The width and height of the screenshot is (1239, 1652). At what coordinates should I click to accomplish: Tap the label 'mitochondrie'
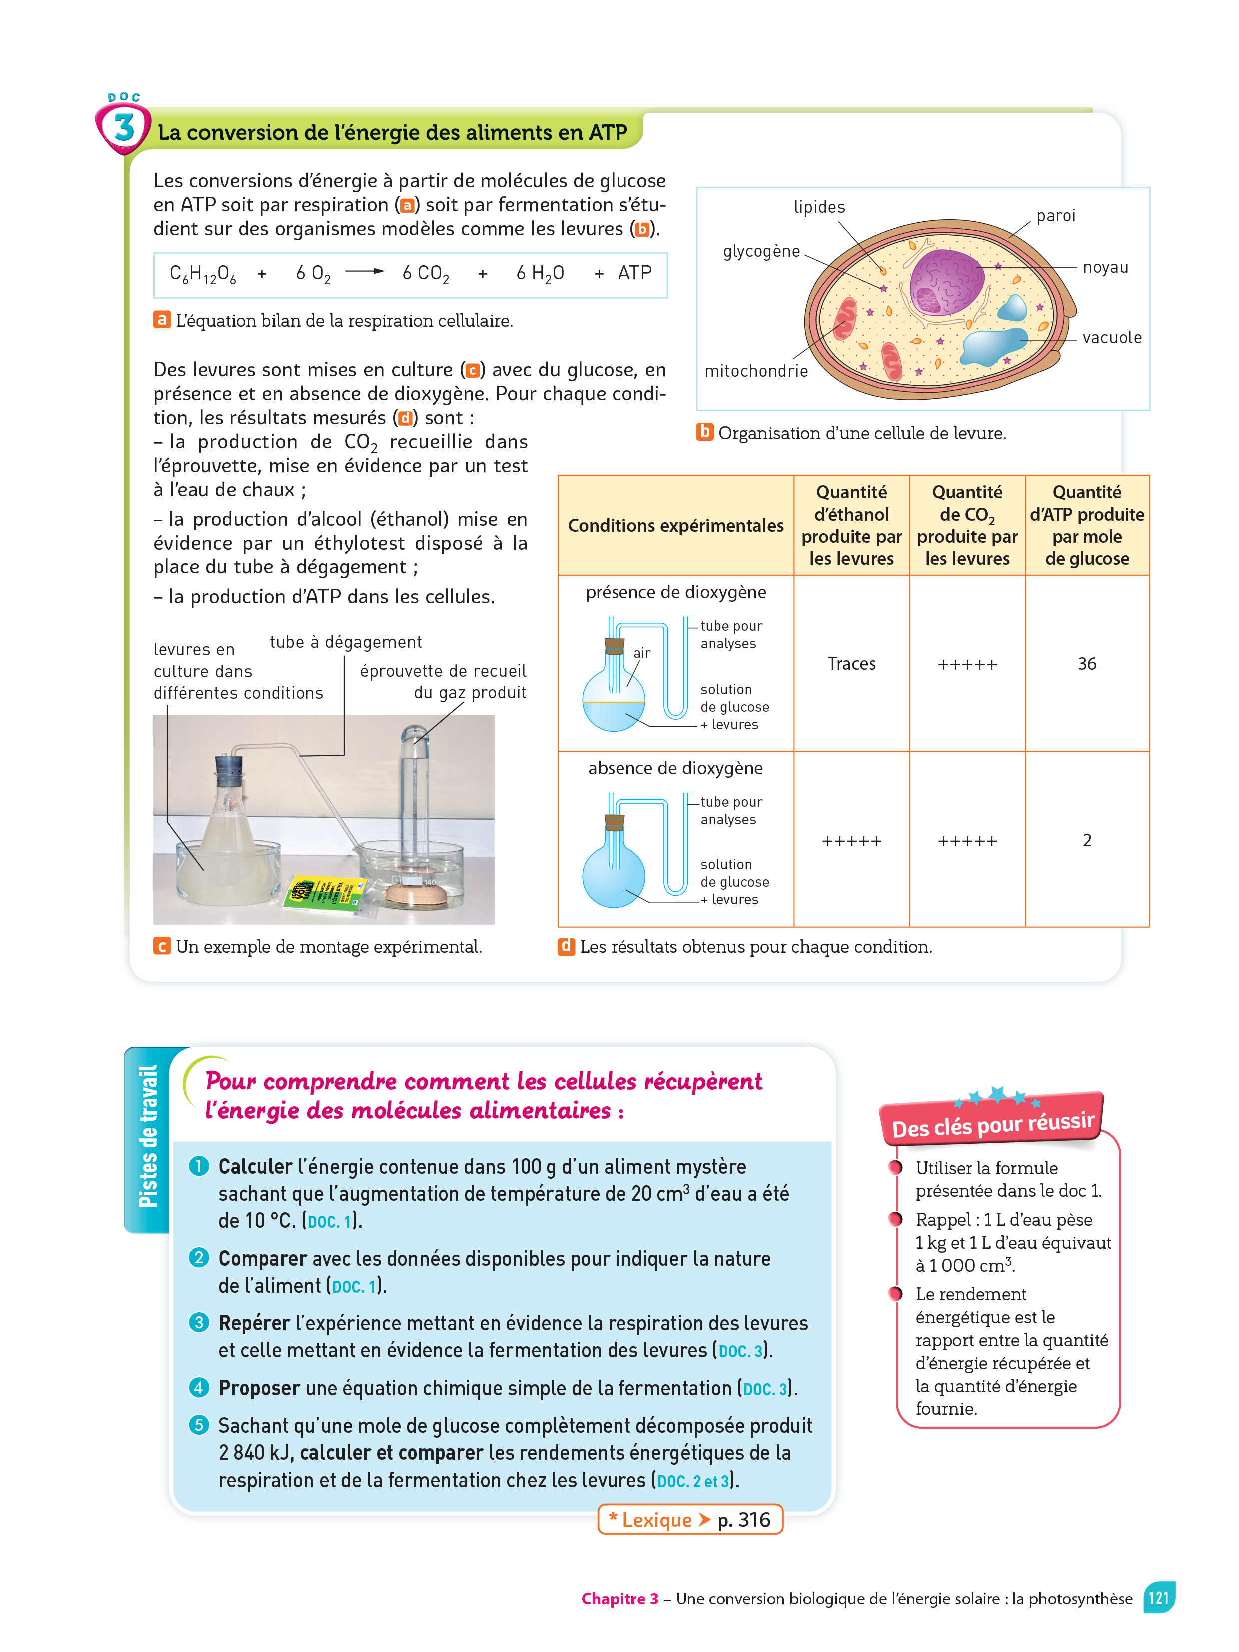[x=756, y=371]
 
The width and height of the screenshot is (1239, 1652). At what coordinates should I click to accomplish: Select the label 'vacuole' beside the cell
[x=1111, y=338]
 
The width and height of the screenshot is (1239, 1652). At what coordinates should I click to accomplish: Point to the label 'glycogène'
[x=761, y=252]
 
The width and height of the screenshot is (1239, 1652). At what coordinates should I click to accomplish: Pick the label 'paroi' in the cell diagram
[x=1055, y=216]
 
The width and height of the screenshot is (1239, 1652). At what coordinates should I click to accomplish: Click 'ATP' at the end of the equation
[x=635, y=273]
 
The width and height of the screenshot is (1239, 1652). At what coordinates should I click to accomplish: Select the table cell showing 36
[x=1087, y=664]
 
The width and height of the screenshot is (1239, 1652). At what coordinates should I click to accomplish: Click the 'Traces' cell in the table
[x=851, y=664]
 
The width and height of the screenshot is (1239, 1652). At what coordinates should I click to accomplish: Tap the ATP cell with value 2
[x=1087, y=840]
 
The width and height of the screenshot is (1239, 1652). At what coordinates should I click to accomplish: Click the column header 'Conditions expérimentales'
[x=675, y=526]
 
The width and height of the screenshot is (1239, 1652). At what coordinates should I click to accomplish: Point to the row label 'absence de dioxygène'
[x=675, y=768]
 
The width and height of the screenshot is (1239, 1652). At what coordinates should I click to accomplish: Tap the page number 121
[x=1158, y=1598]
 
